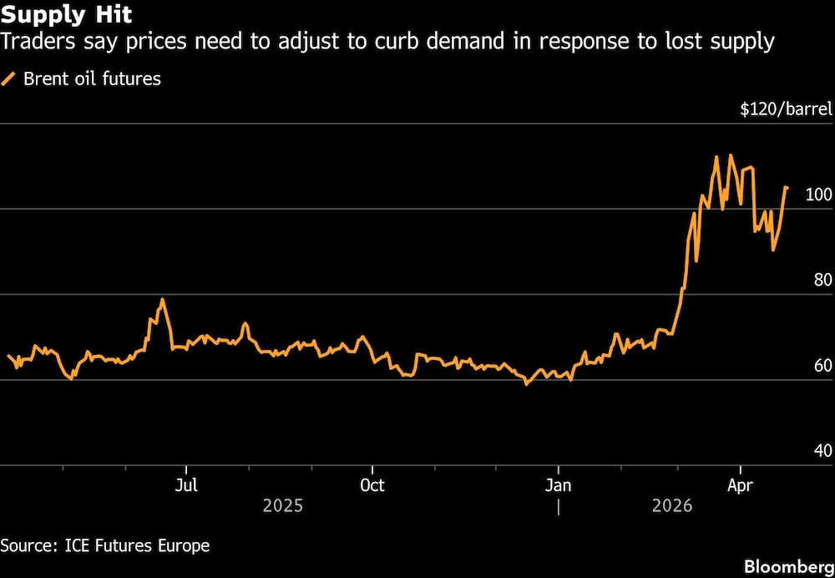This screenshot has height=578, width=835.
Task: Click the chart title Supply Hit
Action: coord(66,14)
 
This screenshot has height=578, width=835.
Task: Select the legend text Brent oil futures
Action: coord(92,79)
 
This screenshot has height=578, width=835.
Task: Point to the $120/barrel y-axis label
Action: coord(786,109)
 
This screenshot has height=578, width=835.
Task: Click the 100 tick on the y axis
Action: coord(818,195)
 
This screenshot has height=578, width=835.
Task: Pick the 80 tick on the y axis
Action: coord(822,280)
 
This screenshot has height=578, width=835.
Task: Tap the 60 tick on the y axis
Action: coord(822,365)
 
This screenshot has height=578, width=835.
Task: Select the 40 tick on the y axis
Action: coord(822,451)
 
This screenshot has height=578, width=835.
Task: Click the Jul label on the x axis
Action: coord(186,484)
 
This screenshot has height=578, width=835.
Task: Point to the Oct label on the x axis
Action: coord(372,484)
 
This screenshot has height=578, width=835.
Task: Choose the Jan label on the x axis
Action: coord(558,484)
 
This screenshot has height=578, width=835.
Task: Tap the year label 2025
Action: coord(283,506)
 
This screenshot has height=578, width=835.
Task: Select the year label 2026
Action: coord(672,506)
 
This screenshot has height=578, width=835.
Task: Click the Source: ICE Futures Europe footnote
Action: coord(105,546)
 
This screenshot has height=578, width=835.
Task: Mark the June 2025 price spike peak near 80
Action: coord(162,299)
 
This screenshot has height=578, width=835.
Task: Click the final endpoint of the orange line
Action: coord(787,188)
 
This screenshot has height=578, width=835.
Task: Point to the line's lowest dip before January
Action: coord(526,384)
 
